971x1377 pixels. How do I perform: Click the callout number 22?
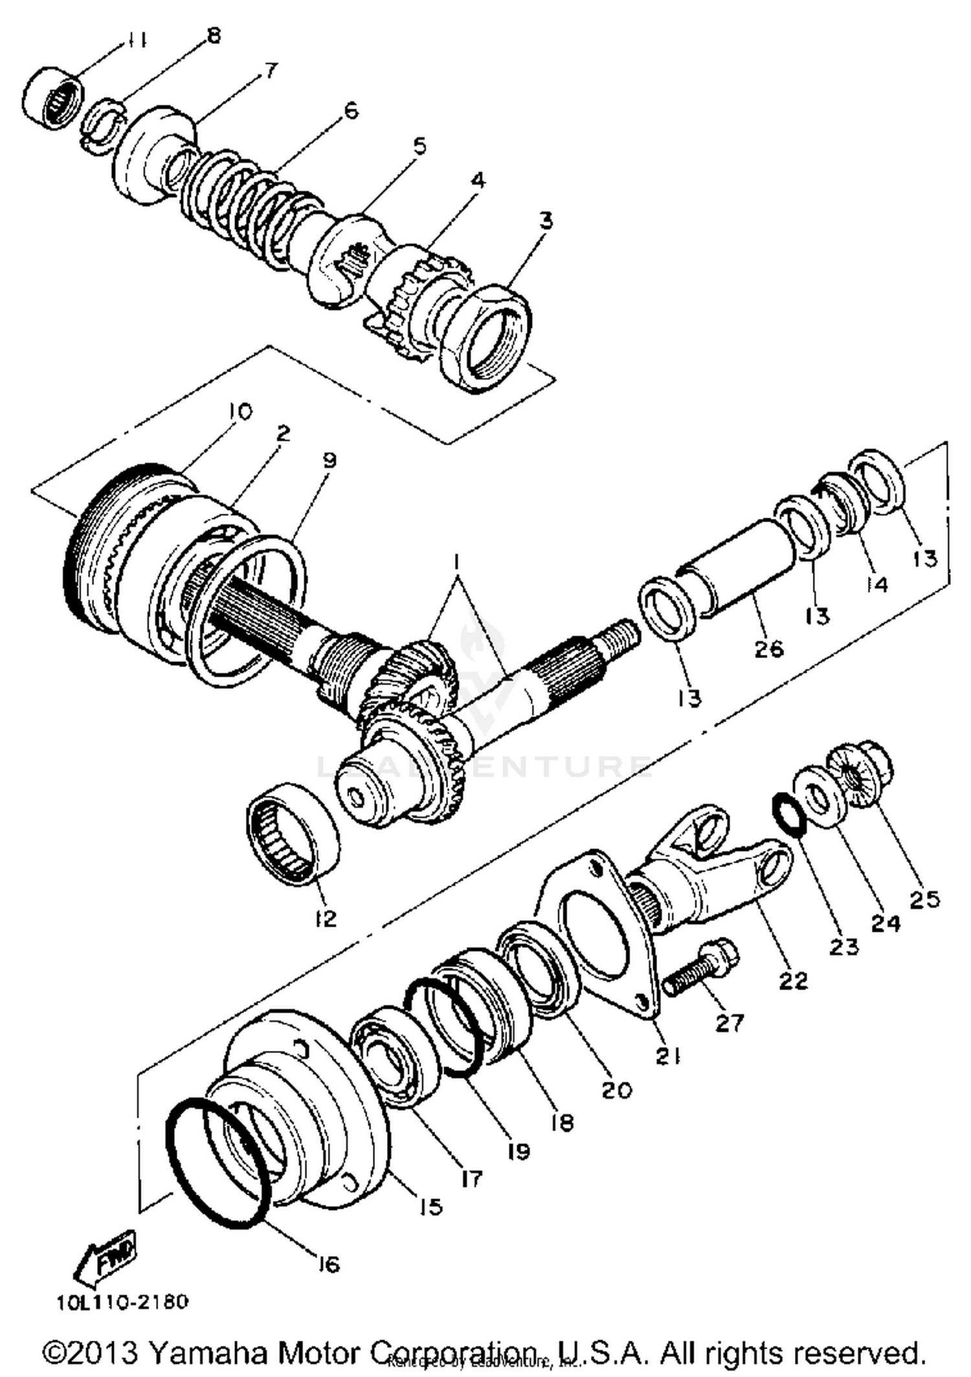click(x=794, y=980)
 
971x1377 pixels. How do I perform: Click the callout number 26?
click(x=769, y=648)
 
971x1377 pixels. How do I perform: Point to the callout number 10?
click(x=240, y=412)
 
